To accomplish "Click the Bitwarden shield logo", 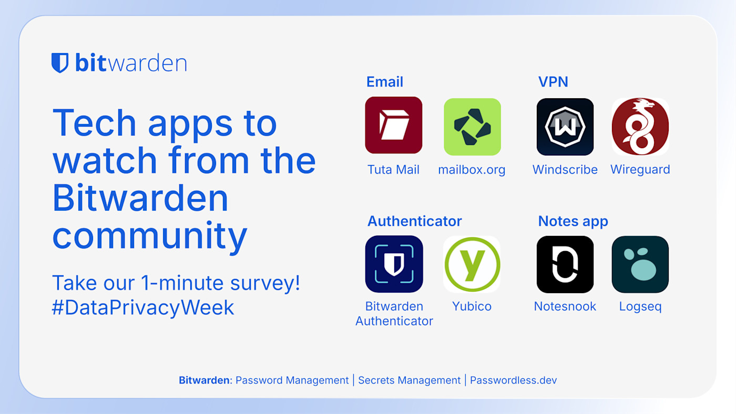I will point(60,63).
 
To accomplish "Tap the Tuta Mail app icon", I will point(394,125).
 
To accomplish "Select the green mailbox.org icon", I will point(472,127).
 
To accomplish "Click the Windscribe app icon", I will point(565,127).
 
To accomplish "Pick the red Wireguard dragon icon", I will point(640,127).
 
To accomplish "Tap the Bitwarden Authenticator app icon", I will point(394,264).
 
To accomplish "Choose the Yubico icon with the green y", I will point(472,264).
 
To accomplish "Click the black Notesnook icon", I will point(565,264).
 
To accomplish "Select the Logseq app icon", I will point(640,264).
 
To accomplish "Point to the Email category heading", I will point(385,82).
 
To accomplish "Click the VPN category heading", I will point(553,82).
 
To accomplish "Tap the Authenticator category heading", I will point(414,221).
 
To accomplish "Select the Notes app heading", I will point(573,221).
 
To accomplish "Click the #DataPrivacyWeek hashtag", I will point(143,307).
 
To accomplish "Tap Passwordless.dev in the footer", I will point(513,380).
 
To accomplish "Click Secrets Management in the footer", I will point(409,380).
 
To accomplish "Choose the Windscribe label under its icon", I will point(565,170).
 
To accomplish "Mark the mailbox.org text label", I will point(472,170).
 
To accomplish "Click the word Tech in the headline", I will point(95,123).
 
